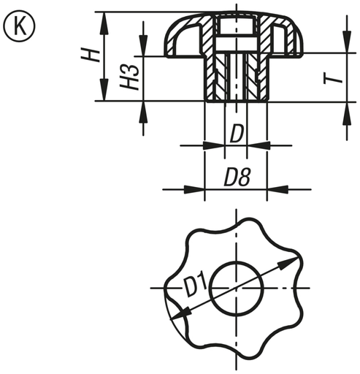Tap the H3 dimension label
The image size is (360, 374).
(x=129, y=77)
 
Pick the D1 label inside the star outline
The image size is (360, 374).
(x=194, y=286)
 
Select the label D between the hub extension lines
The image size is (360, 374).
(x=237, y=134)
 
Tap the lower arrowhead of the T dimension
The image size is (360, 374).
(x=343, y=107)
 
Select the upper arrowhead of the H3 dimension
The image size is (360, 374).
(x=142, y=49)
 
